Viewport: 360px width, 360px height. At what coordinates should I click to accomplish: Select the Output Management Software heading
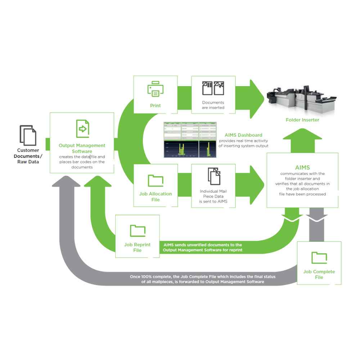(82, 148)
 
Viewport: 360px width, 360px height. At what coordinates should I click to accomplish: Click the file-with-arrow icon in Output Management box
(82, 129)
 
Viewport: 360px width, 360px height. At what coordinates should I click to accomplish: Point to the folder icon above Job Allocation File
(156, 180)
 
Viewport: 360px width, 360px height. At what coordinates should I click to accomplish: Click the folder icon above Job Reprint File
(138, 231)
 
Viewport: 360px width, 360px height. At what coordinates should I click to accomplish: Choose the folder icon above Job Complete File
(319, 258)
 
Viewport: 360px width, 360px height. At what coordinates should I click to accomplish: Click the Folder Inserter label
(302, 120)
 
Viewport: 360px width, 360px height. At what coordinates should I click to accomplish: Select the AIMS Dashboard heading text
(243, 135)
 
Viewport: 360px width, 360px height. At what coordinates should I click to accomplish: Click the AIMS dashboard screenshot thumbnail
(190, 140)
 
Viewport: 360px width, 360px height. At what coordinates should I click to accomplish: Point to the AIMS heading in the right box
(302, 167)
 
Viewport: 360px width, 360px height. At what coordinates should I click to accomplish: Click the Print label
(155, 105)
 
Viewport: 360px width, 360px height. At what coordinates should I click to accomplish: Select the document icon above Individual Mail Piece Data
(213, 176)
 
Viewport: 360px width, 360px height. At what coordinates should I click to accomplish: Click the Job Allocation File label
(156, 197)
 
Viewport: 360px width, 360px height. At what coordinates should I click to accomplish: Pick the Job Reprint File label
(138, 247)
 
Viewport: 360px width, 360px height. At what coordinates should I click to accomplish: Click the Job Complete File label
(319, 274)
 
